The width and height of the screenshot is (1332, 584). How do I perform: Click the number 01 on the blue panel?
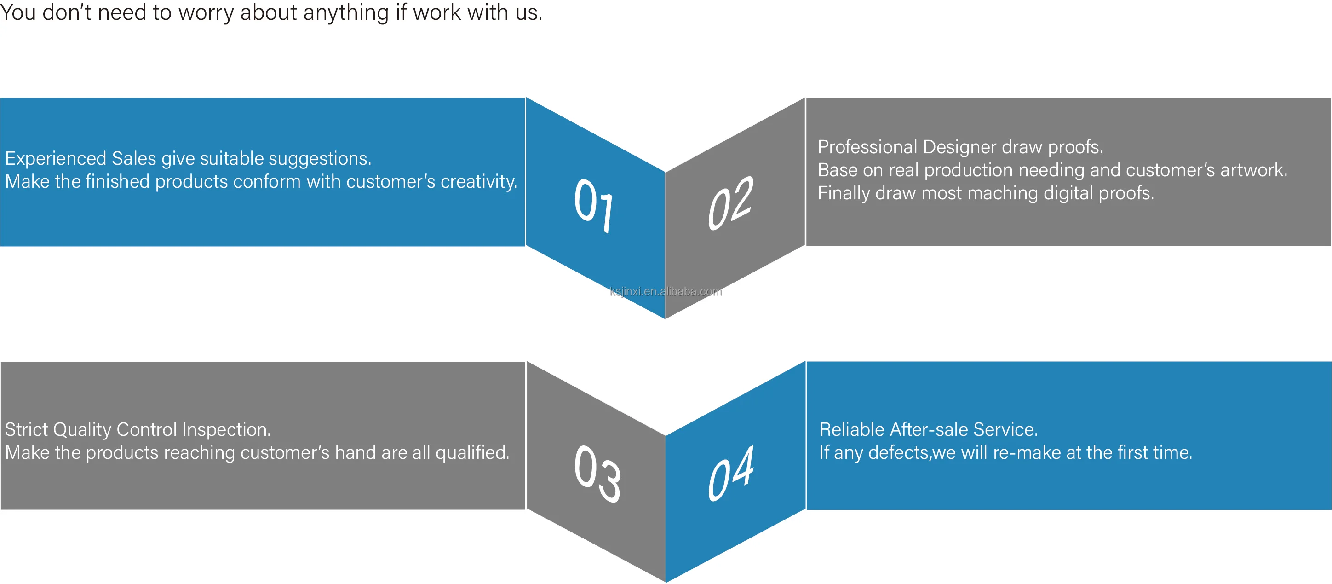coord(594,204)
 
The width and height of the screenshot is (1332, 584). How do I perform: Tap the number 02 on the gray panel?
coord(731,203)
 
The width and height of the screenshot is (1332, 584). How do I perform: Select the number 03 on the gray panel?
coord(597,473)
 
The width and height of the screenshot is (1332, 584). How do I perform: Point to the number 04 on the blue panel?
coord(731,473)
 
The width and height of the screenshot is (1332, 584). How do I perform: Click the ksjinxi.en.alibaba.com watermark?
coord(666,291)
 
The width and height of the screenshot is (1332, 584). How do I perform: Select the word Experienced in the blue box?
coord(55,158)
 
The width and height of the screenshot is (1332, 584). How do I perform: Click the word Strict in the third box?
coord(26,429)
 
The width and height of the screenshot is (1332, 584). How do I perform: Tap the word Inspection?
coord(226,429)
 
